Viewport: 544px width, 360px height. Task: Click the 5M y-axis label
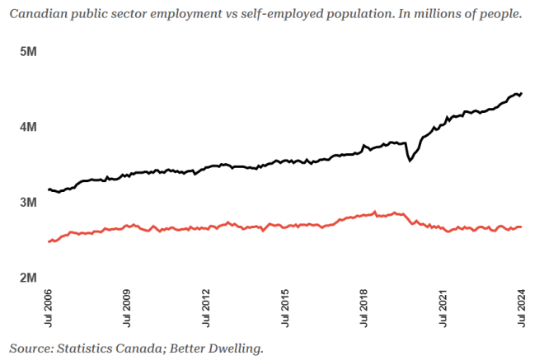click(28, 52)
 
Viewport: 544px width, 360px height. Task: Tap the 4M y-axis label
click(28, 128)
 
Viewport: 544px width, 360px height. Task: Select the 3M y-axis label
click(28, 203)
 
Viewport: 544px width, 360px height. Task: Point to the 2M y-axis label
click(28, 278)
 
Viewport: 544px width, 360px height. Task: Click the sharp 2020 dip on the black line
click(410, 161)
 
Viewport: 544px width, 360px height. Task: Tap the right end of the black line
click(521, 93)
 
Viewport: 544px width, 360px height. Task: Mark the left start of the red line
click(49, 241)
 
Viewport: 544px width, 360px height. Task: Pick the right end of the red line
click(521, 227)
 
